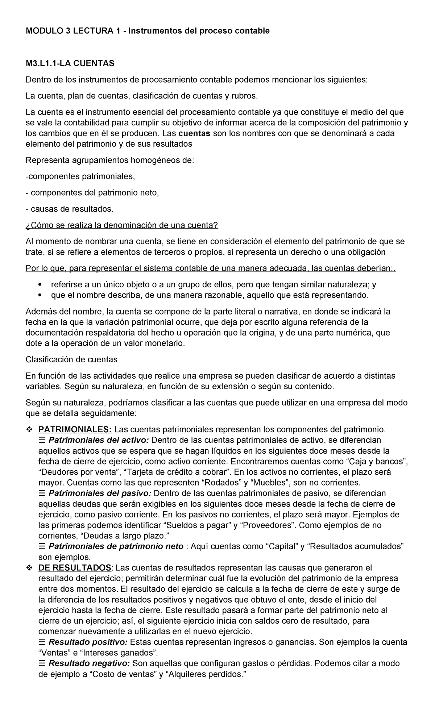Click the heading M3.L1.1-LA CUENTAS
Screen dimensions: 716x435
[x=70, y=64]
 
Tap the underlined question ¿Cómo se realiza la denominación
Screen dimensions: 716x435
[x=122, y=225]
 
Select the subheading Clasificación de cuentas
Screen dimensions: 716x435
[x=71, y=359]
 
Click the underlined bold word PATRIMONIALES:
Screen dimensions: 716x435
[x=75, y=430]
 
